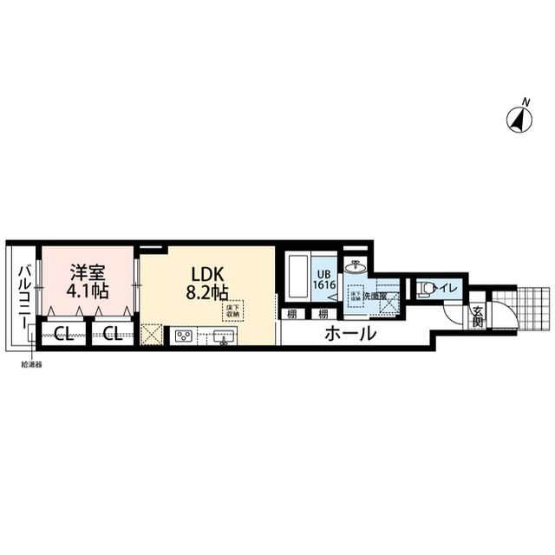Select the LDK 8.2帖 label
point(206,280)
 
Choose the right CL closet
point(110,333)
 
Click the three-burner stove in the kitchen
point(184,335)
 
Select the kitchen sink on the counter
point(223,335)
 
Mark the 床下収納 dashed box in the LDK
point(232,310)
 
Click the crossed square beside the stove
point(151,334)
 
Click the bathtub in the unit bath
point(294,277)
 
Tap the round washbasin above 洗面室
point(355,266)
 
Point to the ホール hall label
point(350,333)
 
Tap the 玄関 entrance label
point(478,318)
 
